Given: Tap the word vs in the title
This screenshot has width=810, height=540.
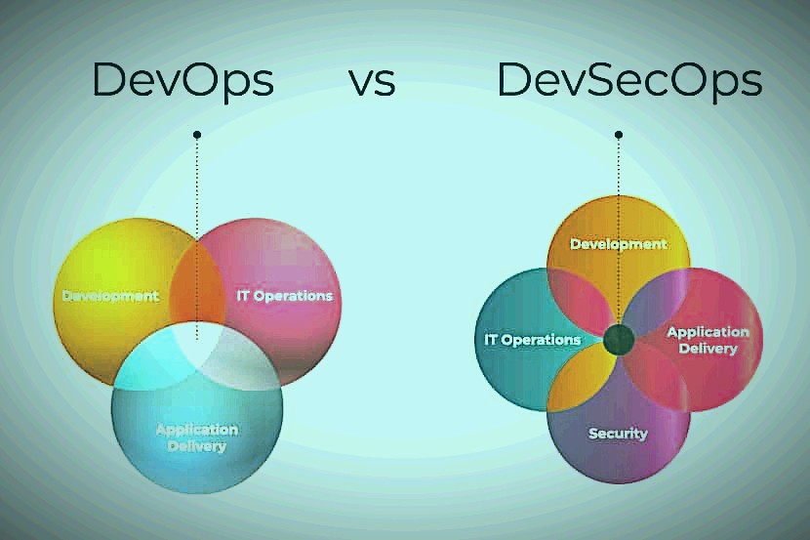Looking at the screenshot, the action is pyautogui.click(x=373, y=83).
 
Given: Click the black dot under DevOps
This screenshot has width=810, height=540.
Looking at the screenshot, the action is pyautogui.click(x=197, y=135).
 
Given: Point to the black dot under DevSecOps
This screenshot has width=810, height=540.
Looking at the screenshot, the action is pyautogui.click(x=619, y=135).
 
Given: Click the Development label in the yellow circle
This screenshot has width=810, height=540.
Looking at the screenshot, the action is pyautogui.click(x=110, y=296).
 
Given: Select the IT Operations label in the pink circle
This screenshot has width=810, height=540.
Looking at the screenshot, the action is pyautogui.click(x=285, y=296).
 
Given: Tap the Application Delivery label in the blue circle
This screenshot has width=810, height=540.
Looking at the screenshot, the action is pyautogui.click(x=197, y=438).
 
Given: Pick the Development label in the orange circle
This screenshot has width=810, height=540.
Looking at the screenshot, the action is pyautogui.click(x=619, y=244).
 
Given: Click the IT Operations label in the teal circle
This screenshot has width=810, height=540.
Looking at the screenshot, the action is pyautogui.click(x=533, y=340).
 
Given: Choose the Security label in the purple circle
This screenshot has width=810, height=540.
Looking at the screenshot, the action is pyautogui.click(x=618, y=434).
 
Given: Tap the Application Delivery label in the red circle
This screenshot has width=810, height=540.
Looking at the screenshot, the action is pyautogui.click(x=708, y=340).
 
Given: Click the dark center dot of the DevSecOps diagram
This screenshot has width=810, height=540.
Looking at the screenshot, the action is pyautogui.click(x=619, y=340).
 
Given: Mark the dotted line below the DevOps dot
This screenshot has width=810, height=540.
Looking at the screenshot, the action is pyautogui.click(x=197, y=239).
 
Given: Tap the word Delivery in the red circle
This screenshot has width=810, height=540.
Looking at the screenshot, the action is pyautogui.click(x=708, y=349).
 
